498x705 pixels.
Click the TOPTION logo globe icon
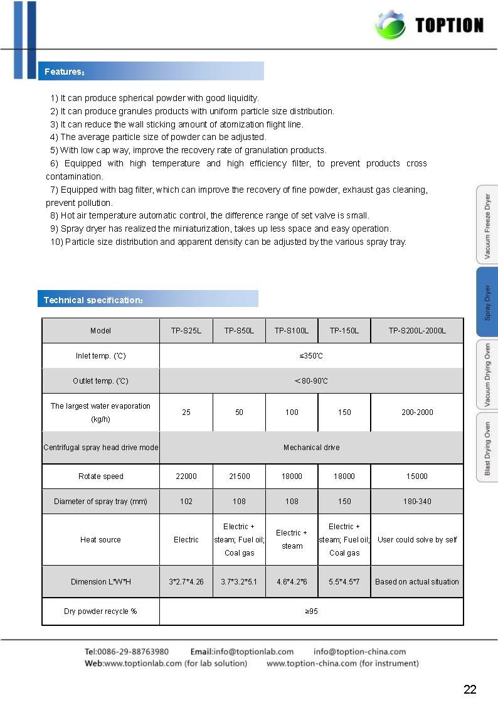[x=389, y=26]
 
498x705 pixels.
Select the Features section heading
[x=64, y=72]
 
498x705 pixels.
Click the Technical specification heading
[x=93, y=299]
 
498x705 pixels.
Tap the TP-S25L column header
[x=186, y=331]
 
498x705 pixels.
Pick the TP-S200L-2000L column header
[x=417, y=331]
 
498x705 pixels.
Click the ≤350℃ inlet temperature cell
[x=311, y=356]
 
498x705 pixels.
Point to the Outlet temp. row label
[x=100, y=381]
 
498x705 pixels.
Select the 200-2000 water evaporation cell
[x=417, y=412]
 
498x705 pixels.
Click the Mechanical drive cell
[x=311, y=448]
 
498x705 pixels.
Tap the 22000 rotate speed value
[x=186, y=476]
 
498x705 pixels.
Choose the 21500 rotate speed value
[x=239, y=476]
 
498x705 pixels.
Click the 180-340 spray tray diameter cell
[x=417, y=502]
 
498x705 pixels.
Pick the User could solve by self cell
[x=417, y=540]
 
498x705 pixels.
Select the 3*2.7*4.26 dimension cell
[x=186, y=582]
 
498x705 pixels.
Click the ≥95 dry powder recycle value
[x=311, y=611]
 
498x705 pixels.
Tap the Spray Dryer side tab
[x=487, y=303]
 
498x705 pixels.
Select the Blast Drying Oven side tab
[x=487, y=448]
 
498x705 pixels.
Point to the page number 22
[x=470, y=689]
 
